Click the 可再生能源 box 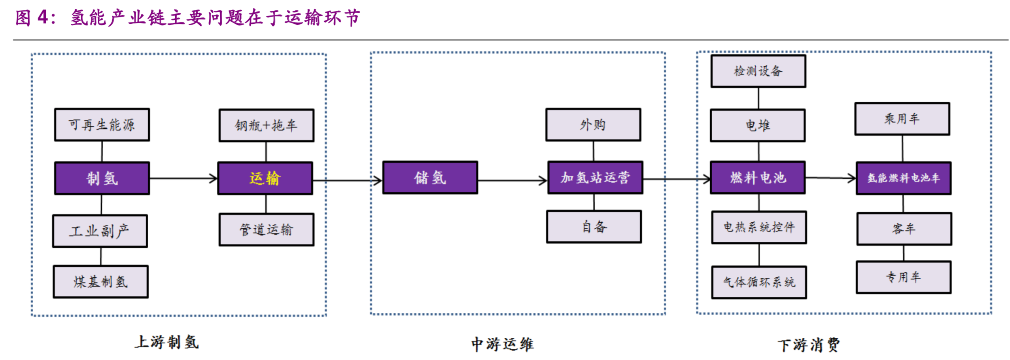point(102,125)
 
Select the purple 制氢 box point(102,178)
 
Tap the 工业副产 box point(100,231)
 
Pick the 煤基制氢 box point(100,282)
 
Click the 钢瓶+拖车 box point(266,125)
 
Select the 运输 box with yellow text point(265,178)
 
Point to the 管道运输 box point(266,230)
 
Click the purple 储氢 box point(429,178)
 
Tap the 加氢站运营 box point(594,178)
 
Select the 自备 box point(594,227)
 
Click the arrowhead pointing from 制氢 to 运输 point(214,178)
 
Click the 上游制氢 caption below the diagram point(166,342)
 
